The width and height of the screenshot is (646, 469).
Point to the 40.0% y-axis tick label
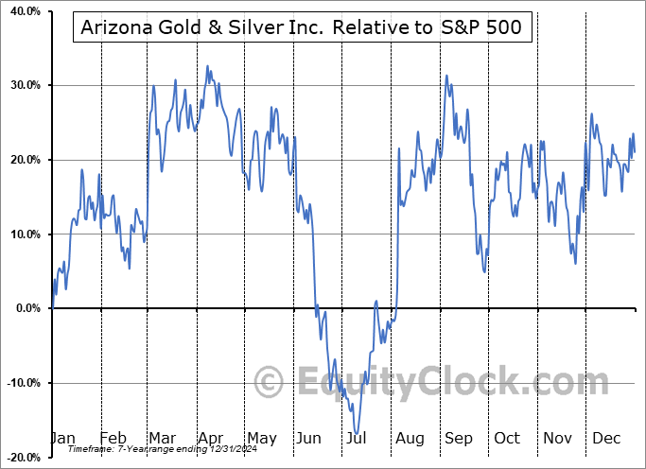23,11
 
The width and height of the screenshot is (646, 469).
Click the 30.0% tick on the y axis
23,85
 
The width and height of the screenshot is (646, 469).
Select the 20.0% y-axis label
23,160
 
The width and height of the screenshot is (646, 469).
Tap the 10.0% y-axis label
23,234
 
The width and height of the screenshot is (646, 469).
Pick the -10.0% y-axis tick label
21,383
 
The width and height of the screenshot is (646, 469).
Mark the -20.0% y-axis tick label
21,457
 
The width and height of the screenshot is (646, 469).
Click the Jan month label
61,439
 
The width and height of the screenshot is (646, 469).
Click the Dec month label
606,439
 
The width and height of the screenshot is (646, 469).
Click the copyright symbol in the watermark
270,383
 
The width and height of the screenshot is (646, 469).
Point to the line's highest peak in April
207,66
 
